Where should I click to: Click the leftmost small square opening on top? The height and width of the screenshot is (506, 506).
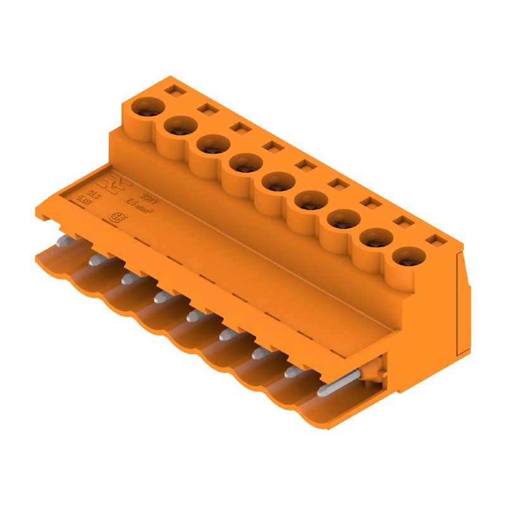pyautogui.click(x=172, y=91)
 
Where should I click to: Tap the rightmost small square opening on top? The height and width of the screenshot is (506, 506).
pyautogui.click(x=435, y=241)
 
